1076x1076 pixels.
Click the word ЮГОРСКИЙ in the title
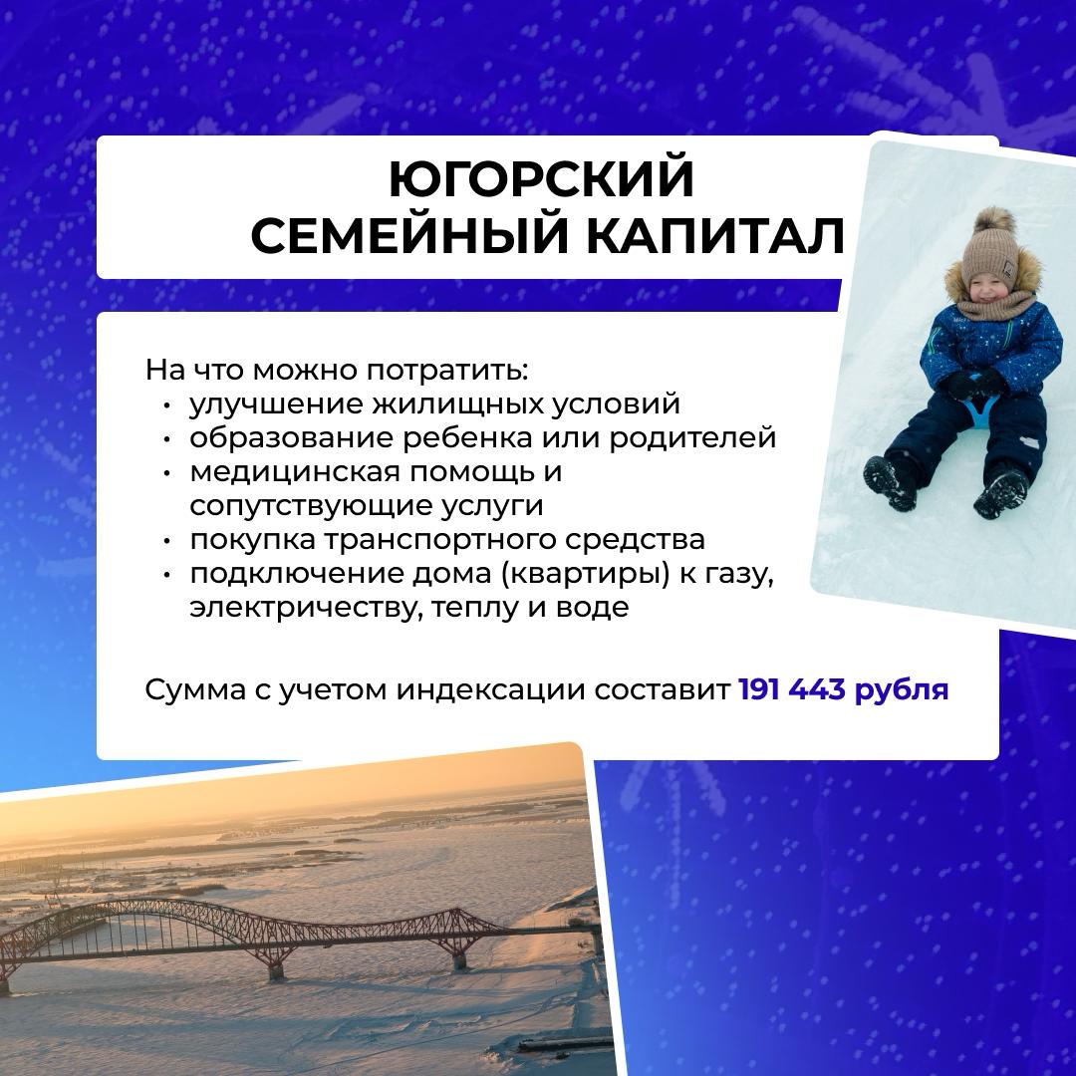[541, 178]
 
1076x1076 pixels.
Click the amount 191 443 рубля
[844, 689]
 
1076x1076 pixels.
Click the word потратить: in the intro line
[446, 371]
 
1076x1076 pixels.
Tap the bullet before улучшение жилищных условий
[166, 406]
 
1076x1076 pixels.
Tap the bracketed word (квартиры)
[585, 575]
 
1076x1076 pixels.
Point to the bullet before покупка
[166, 542]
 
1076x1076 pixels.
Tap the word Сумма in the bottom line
[194, 690]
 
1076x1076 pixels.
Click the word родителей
[692, 438]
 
